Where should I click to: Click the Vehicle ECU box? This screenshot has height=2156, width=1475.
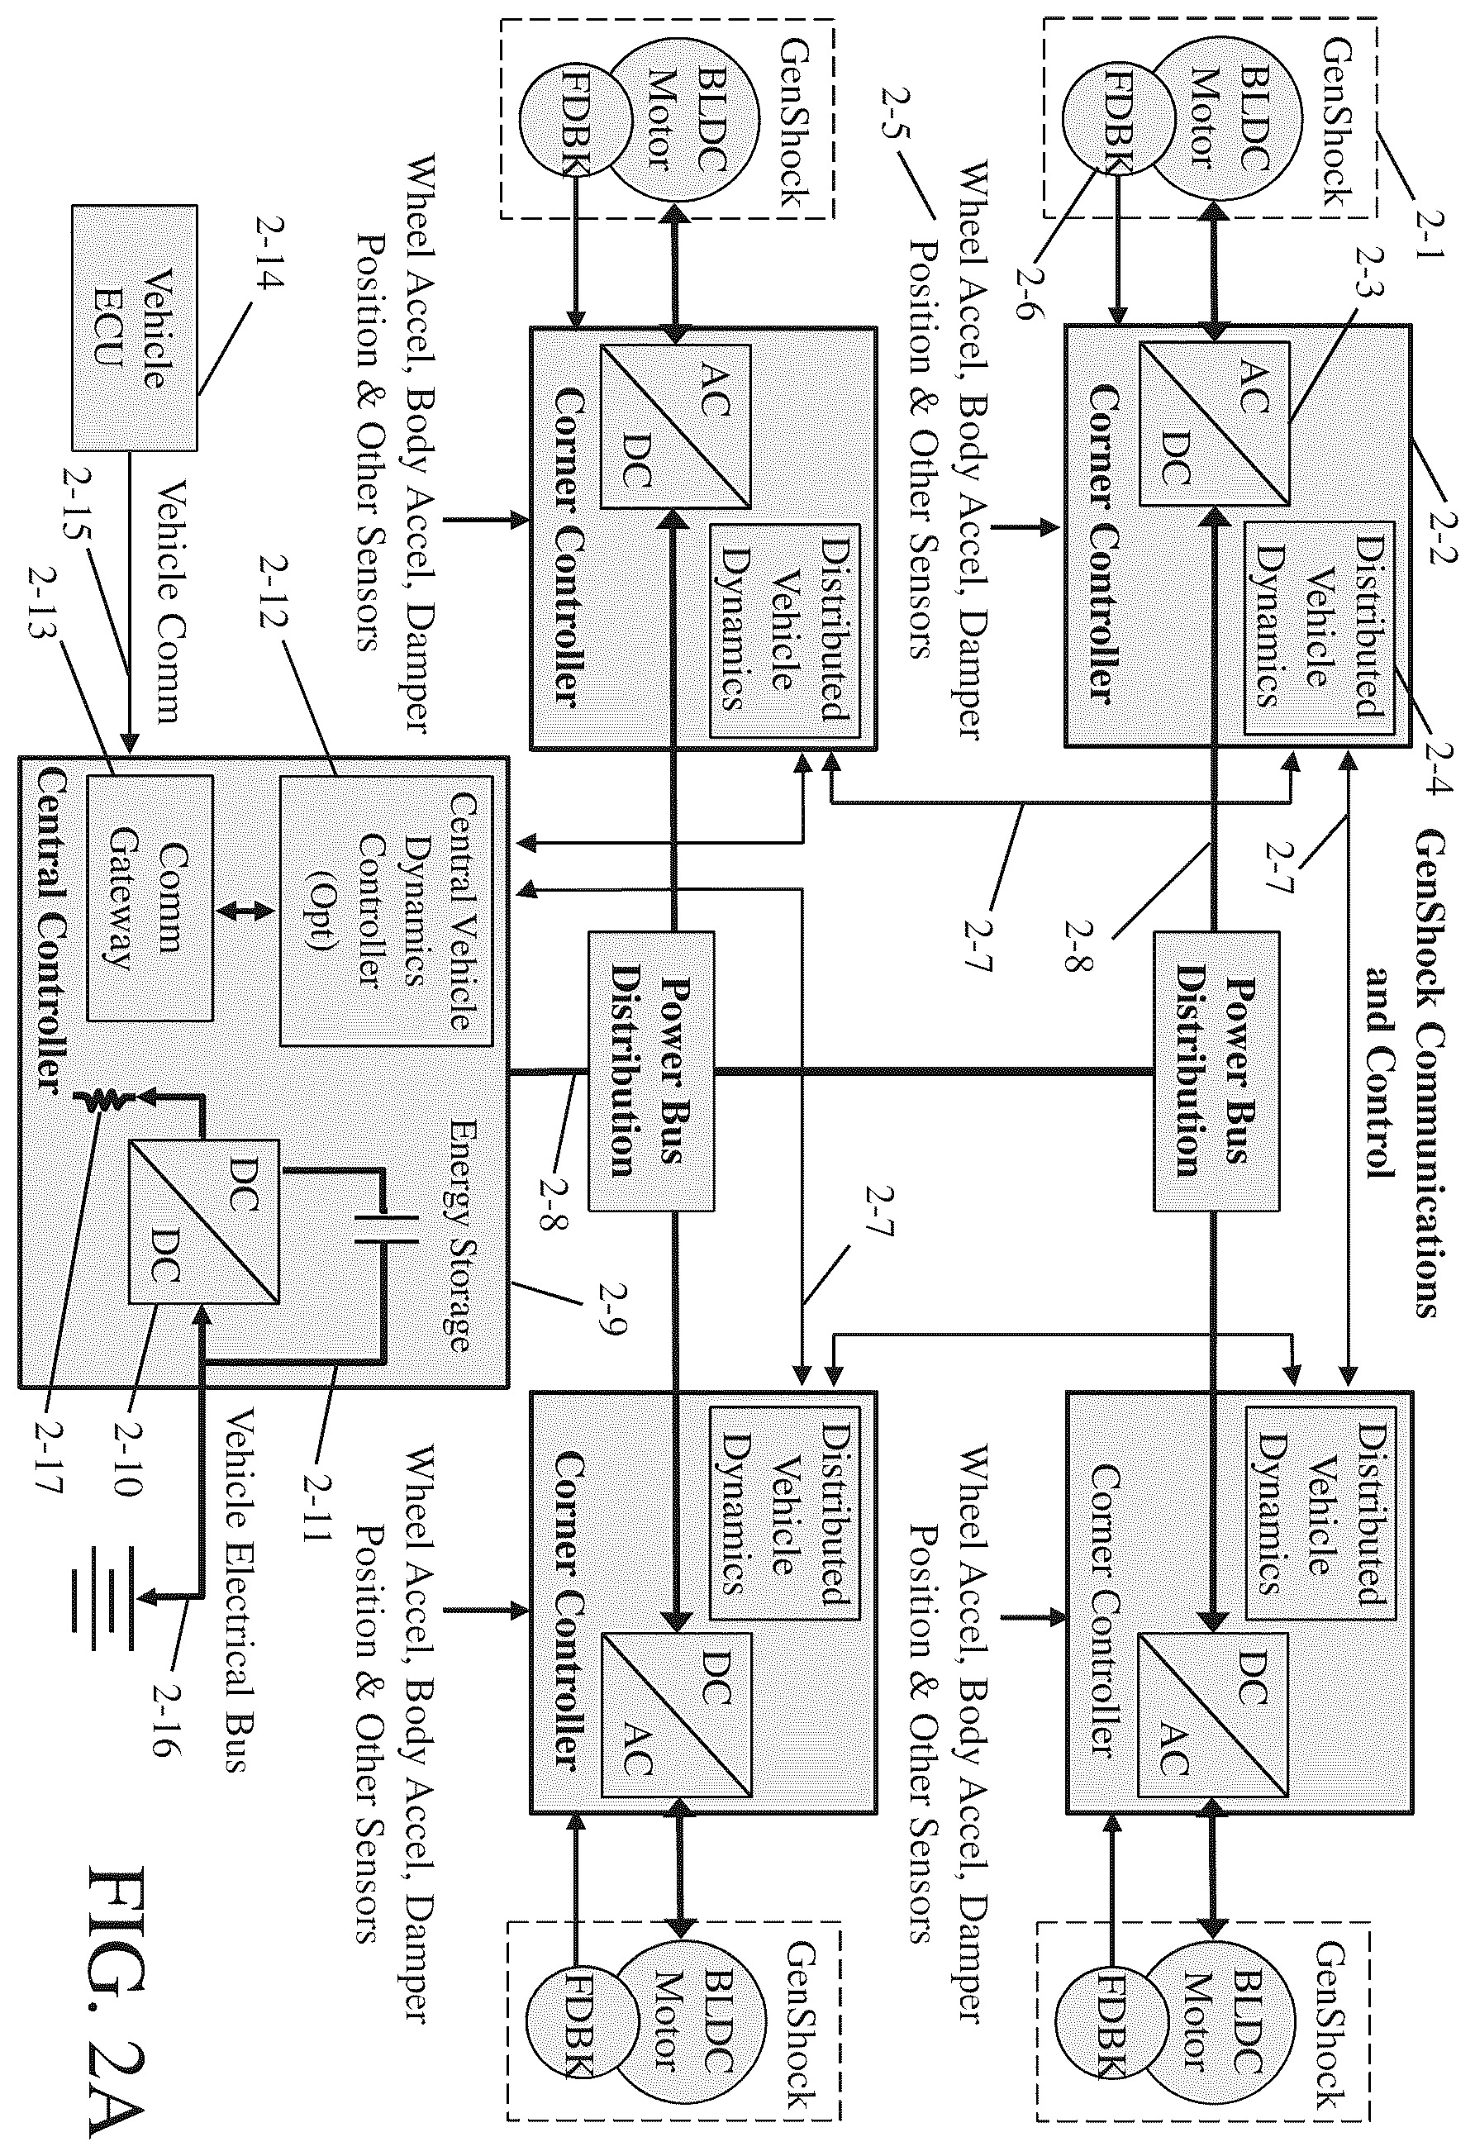click(134, 327)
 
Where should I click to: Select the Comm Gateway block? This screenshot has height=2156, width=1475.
click(150, 897)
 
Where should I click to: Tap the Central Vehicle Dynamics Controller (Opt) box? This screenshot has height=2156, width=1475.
click(386, 909)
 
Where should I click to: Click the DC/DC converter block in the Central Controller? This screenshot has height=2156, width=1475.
click(203, 1220)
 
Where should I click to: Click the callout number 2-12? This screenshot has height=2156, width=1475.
click(274, 591)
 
